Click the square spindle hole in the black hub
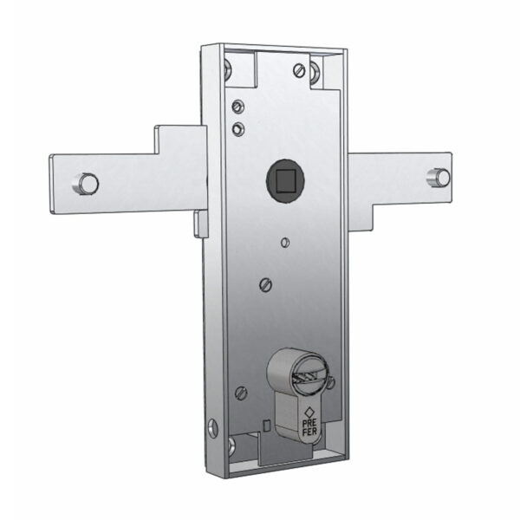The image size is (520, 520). (285, 181)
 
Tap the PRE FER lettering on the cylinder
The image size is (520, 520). (309, 427)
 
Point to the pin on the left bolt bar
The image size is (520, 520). (86, 183)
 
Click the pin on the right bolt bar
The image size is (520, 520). (439, 177)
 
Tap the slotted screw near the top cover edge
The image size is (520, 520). (300, 70)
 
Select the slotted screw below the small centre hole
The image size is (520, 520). (265, 284)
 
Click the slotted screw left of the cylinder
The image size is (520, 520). (241, 393)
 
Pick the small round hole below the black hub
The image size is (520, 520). (285, 243)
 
